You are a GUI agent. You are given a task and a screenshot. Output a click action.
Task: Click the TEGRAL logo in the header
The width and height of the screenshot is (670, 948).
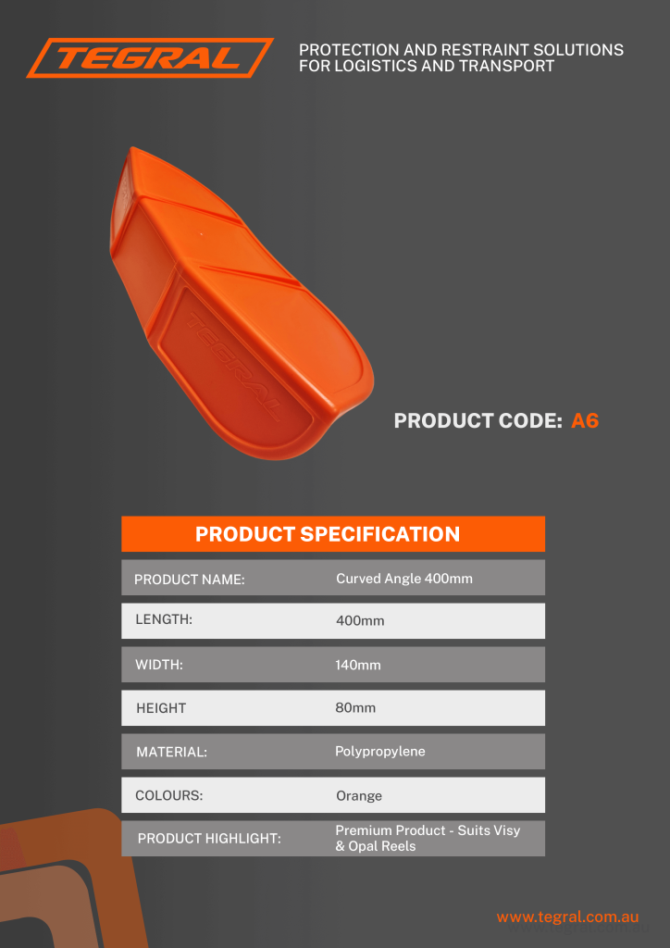150,58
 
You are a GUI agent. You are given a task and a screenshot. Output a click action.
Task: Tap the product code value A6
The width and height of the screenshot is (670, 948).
585,421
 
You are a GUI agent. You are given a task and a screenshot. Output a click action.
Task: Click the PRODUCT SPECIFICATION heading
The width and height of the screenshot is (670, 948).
328,534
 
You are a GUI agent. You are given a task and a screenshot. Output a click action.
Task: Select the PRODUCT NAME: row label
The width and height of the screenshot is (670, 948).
189,580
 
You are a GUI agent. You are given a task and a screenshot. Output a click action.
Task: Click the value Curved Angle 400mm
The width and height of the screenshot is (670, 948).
404,579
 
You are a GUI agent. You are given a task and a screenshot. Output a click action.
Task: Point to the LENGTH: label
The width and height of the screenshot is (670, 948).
164,619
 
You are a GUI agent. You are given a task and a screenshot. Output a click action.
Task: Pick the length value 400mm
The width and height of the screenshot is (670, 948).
360,621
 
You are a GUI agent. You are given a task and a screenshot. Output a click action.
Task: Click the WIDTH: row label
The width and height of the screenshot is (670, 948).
159,665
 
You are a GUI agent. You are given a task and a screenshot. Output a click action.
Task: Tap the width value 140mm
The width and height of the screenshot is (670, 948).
358,666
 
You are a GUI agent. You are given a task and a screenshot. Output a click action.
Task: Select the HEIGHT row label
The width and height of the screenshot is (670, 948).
161,708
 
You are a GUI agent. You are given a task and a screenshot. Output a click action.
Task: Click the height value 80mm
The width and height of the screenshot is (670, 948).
355,707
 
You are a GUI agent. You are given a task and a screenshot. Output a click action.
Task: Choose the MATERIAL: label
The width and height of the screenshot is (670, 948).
171,752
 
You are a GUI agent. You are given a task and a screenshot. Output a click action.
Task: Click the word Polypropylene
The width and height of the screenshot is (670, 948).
380,752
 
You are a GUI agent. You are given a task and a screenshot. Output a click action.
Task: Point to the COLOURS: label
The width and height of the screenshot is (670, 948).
169,795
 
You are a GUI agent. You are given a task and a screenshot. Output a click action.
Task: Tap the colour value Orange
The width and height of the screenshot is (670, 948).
359,796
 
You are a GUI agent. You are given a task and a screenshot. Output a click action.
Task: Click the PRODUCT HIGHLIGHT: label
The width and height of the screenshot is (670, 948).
210,839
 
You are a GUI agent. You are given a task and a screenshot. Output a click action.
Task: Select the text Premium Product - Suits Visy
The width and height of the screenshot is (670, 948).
428,830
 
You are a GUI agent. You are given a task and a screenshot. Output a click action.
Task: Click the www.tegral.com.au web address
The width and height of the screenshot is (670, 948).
567,917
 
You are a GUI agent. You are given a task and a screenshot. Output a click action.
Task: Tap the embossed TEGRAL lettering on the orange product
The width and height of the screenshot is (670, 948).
233,367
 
